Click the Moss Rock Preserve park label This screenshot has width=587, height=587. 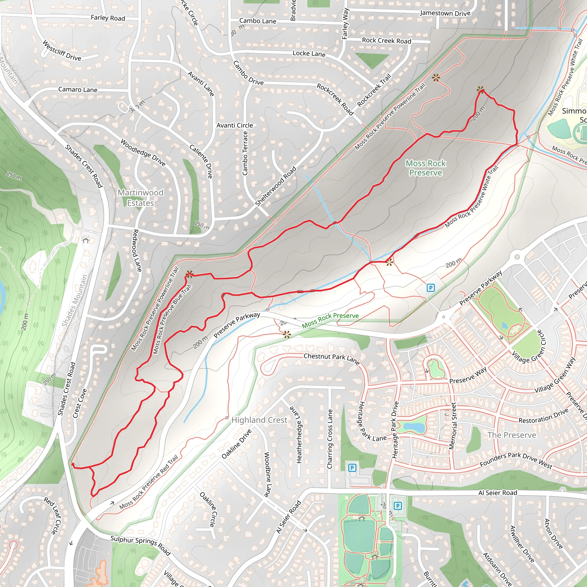point(425,168)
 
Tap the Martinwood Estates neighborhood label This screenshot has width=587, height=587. point(140,198)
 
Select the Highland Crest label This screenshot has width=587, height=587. point(259,420)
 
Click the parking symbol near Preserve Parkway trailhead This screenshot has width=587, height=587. point(431,287)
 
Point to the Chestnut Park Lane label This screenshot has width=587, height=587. point(332,358)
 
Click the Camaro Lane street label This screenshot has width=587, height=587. point(78,90)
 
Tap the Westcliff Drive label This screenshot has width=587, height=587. point(62,50)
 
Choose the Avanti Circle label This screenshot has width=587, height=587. point(234,125)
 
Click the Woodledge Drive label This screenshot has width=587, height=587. point(143,152)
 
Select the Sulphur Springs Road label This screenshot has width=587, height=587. point(140,545)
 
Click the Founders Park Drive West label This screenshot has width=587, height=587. point(516,461)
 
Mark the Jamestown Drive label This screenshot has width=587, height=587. point(445,13)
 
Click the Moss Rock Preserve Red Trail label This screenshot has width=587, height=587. point(148,482)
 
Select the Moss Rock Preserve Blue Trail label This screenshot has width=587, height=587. point(172,319)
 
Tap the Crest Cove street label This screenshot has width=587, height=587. point(80,404)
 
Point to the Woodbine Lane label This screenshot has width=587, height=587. point(267,474)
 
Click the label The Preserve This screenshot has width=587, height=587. point(512,435)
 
